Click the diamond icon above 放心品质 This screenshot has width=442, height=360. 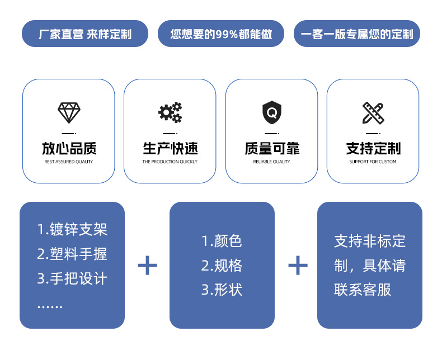coord(69,113)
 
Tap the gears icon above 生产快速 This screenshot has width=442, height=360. coord(170,112)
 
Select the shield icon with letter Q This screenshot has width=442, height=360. coord(272,113)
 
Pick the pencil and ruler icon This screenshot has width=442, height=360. coord(373,113)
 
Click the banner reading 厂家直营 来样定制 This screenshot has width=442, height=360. coord(85,34)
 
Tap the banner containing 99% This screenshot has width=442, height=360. coord(221,34)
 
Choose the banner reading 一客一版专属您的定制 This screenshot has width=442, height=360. coord(357,34)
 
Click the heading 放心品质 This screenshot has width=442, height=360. coord(69,149)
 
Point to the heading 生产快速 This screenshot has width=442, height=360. coord(170,149)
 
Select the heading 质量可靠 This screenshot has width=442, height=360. coord(272,149)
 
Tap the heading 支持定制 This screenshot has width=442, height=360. coord(373,149)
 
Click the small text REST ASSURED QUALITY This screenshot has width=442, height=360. coord(69,162)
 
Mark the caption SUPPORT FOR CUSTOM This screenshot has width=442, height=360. coord(373,162)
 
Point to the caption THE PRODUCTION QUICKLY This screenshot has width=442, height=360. coord(170,162)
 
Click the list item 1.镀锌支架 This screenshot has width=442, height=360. coord(72,229)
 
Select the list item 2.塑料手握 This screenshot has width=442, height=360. coord(72,254)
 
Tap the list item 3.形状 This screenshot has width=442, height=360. coord(222,290)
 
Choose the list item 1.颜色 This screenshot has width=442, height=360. coord(222,241)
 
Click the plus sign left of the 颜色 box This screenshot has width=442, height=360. coord(147,265)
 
